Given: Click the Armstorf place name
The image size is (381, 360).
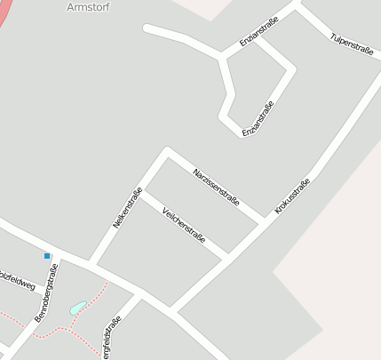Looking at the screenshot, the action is (86, 7).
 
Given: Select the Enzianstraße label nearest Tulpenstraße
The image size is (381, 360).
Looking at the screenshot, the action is (258, 31).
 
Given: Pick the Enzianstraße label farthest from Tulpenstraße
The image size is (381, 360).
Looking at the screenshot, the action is (258, 119).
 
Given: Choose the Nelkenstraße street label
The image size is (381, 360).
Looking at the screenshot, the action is (128, 209).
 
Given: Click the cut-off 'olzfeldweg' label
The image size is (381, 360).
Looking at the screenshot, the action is (18, 279).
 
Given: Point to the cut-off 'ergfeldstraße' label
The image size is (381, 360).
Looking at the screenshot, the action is (110, 339).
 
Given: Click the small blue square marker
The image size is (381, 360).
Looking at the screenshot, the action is (47, 256).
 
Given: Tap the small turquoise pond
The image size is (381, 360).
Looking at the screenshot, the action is (77, 308).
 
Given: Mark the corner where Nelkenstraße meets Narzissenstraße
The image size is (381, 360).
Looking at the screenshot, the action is (166, 151).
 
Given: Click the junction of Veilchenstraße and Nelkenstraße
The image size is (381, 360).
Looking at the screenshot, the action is (142, 190).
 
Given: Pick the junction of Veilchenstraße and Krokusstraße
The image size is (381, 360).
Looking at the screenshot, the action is (226, 256).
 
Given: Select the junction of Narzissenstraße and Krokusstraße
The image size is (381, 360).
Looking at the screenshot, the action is (263, 220).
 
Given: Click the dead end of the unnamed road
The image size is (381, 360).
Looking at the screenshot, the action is (147, 29).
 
